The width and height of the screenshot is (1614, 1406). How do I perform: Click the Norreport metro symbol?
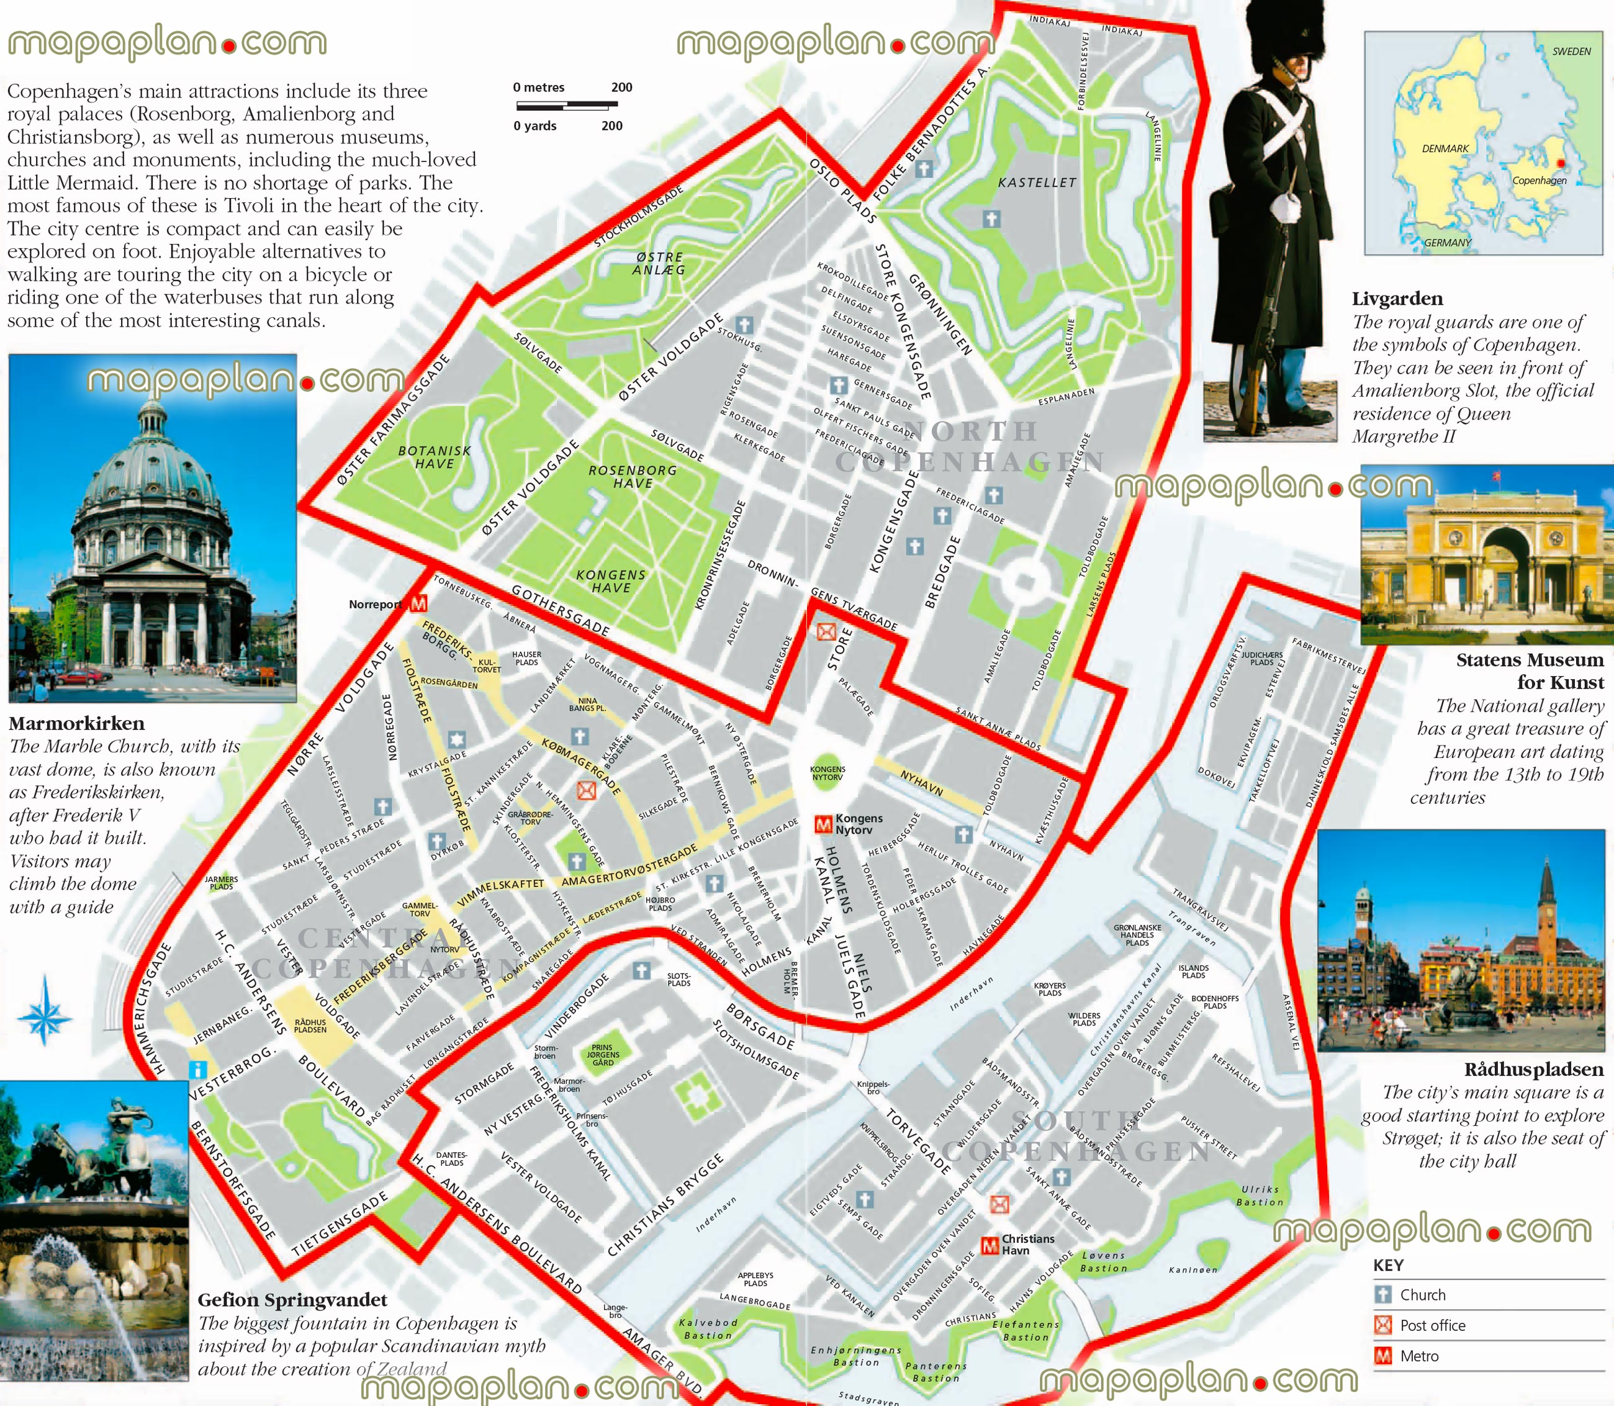419,603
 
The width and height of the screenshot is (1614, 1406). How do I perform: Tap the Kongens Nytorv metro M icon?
823,824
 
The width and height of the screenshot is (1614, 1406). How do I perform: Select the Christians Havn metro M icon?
990,1245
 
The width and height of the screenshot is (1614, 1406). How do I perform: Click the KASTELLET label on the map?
1037,182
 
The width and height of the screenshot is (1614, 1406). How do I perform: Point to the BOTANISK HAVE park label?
435,457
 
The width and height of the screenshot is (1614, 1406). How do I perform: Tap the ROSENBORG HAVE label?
633,476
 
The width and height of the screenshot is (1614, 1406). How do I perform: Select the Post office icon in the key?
1382,1325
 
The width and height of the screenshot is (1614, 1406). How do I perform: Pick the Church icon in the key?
1382,1295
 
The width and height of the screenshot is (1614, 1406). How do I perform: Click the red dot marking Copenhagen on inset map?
1560,163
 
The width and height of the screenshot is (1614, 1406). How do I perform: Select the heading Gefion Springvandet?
292,1300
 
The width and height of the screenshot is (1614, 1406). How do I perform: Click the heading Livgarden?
1397,299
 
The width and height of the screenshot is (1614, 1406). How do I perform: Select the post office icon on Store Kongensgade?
826,631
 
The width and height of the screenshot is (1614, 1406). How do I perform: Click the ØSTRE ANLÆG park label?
659,263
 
